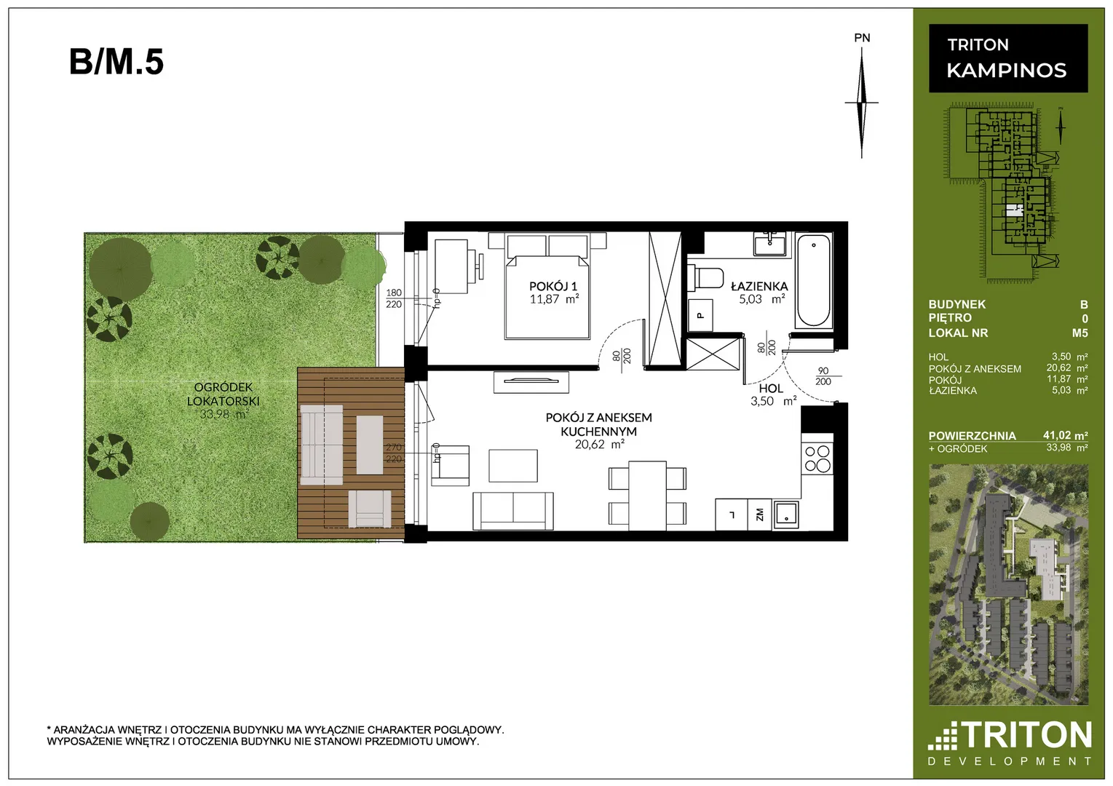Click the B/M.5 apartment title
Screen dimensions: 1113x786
point(116,62)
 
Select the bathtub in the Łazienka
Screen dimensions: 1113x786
point(813,281)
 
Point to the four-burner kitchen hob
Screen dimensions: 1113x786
point(817,458)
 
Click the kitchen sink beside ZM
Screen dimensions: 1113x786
point(785,515)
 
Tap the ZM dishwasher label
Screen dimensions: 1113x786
point(759,515)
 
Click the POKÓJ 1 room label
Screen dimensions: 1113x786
point(553,286)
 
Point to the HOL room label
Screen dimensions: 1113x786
point(771,389)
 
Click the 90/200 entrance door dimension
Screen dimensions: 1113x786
point(823,376)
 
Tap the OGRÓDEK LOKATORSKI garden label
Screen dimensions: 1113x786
point(223,394)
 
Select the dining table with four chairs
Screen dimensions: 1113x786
point(647,496)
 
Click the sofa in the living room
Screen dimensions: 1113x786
point(512,511)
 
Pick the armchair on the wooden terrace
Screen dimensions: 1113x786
point(369,508)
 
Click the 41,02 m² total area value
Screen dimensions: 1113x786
point(1065,435)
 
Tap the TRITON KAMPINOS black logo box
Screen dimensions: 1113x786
point(1008,58)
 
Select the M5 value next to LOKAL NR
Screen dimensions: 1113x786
point(1080,333)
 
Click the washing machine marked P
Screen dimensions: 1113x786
point(700,315)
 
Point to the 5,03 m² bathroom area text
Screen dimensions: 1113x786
point(761,299)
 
